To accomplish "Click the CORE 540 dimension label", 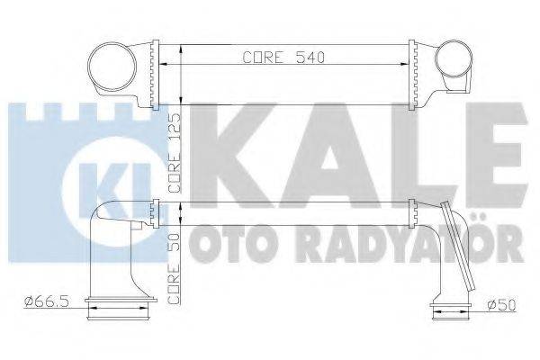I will pyautogui.click(x=282, y=57).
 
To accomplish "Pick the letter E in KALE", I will pyautogui.click(x=486, y=155).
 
